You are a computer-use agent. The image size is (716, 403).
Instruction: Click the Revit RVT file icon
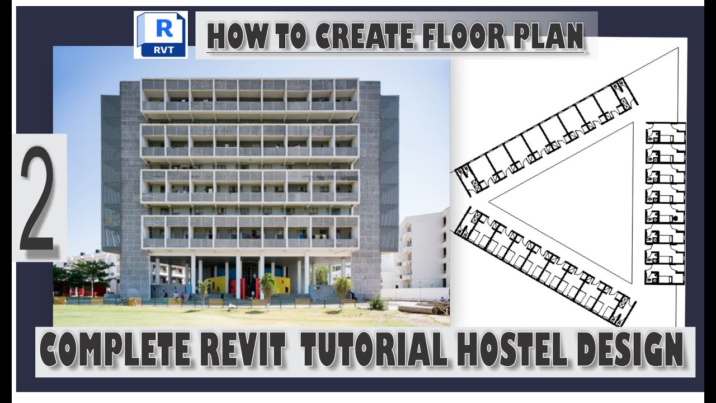pyautogui.click(x=161, y=35)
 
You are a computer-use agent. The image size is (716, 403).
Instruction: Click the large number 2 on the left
pyautogui.click(x=37, y=199)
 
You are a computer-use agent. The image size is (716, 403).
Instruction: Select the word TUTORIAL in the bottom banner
pyautogui.click(x=374, y=349)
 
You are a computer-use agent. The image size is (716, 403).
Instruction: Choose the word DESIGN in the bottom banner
pyautogui.click(x=630, y=349)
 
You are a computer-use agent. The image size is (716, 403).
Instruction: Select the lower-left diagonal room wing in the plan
pyautogui.click(x=545, y=266)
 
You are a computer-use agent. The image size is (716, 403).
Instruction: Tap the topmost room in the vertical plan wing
pyautogui.click(x=665, y=133)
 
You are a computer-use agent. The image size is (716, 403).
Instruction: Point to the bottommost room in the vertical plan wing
pyautogui.click(x=665, y=275)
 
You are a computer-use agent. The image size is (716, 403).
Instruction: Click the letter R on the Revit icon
pyautogui.click(x=164, y=27)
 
